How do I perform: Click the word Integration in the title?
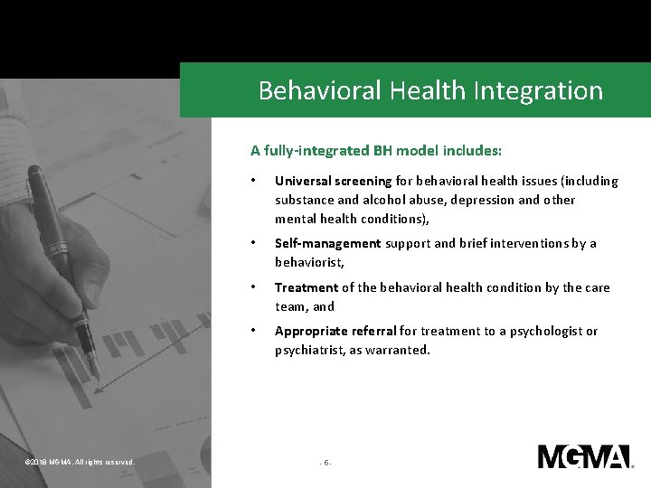tap(546, 90)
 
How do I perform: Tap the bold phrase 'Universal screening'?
tap(333, 181)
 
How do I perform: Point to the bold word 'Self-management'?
tap(327, 243)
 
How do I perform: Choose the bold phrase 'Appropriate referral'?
tap(334, 331)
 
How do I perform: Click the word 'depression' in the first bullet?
tap(478, 200)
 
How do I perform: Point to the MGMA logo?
tap(584, 456)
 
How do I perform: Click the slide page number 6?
tap(326, 463)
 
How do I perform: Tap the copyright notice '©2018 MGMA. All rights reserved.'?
tap(80, 463)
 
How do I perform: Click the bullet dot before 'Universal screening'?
tap(255, 181)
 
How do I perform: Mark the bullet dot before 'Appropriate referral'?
tap(255, 331)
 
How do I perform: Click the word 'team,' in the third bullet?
tap(291, 306)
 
